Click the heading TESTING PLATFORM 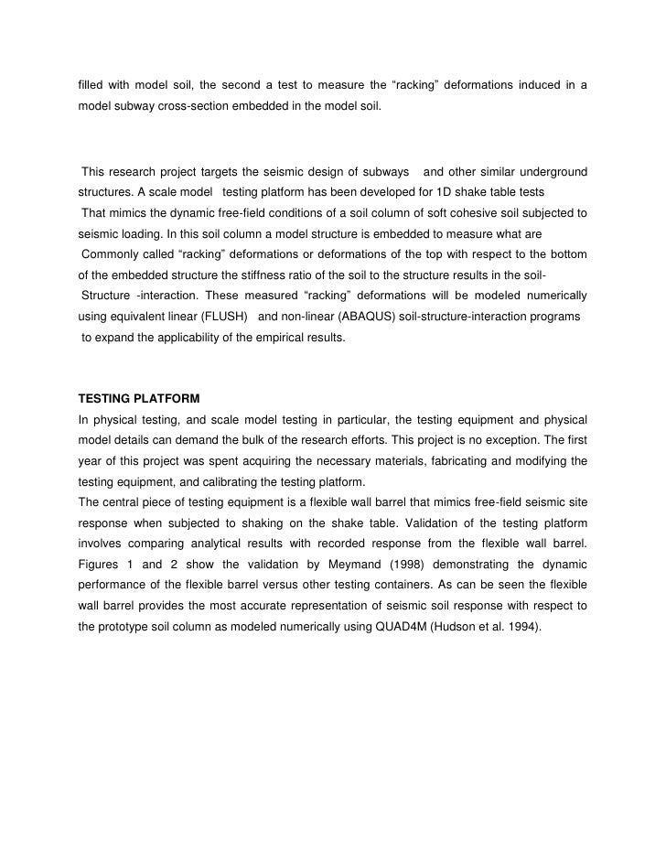pos(138,399)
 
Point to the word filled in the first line pos(91,86)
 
